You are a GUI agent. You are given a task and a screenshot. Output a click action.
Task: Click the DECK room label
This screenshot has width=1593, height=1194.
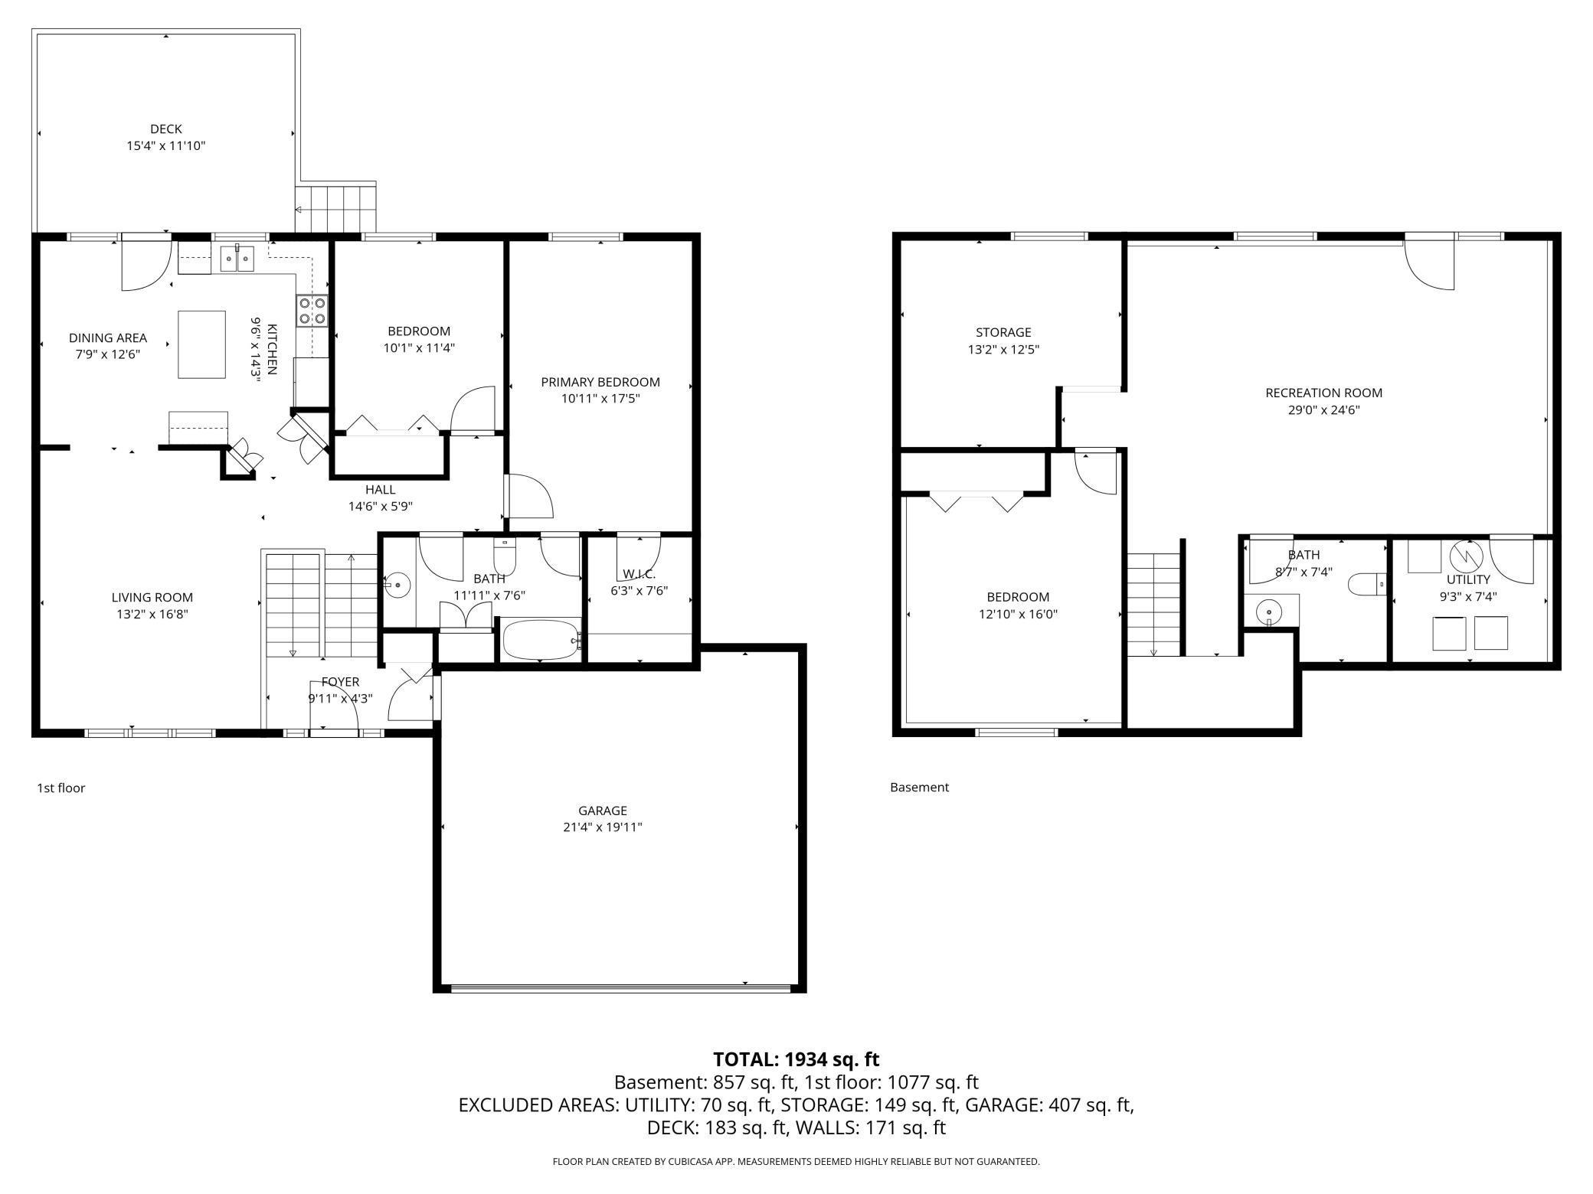click(x=166, y=129)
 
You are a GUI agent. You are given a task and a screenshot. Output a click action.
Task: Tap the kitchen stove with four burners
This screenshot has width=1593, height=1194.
click(x=312, y=311)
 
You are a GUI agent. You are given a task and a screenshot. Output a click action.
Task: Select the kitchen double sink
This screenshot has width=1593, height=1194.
click(x=237, y=259)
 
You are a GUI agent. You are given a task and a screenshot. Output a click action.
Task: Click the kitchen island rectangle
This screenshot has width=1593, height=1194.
click(x=202, y=344)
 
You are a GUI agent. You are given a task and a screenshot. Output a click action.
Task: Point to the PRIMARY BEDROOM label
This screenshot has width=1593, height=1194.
click(x=600, y=382)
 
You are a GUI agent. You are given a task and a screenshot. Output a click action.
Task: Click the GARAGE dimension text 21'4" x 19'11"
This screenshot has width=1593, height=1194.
click(x=603, y=827)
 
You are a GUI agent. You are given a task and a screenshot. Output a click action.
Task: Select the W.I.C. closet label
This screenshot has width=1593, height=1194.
click(x=639, y=574)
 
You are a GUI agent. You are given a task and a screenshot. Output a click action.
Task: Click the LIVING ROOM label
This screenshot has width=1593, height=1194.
click(x=152, y=598)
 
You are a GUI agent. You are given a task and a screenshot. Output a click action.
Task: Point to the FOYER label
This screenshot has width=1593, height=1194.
click(x=340, y=682)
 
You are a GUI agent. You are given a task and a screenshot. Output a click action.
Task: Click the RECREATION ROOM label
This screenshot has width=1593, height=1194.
click(x=1324, y=393)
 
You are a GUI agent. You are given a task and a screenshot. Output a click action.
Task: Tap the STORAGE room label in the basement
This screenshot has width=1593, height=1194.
click(x=1003, y=332)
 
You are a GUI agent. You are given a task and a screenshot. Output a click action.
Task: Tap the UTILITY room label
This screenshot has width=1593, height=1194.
click(x=1468, y=579)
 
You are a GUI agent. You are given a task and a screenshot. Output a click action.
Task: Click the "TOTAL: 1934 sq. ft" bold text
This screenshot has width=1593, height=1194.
click(x=796, y=1059)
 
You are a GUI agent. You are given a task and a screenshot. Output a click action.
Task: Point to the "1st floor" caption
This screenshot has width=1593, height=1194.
click(x=61, y=788)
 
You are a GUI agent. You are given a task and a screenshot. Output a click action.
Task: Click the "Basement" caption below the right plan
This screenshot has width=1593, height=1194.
click(x=919, y=787)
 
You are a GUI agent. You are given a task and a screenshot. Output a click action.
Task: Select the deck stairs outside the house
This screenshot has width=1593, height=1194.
click(x=336, y=207)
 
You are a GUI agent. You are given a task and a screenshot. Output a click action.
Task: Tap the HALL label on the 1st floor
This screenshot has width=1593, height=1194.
click(x=381, y=490)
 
